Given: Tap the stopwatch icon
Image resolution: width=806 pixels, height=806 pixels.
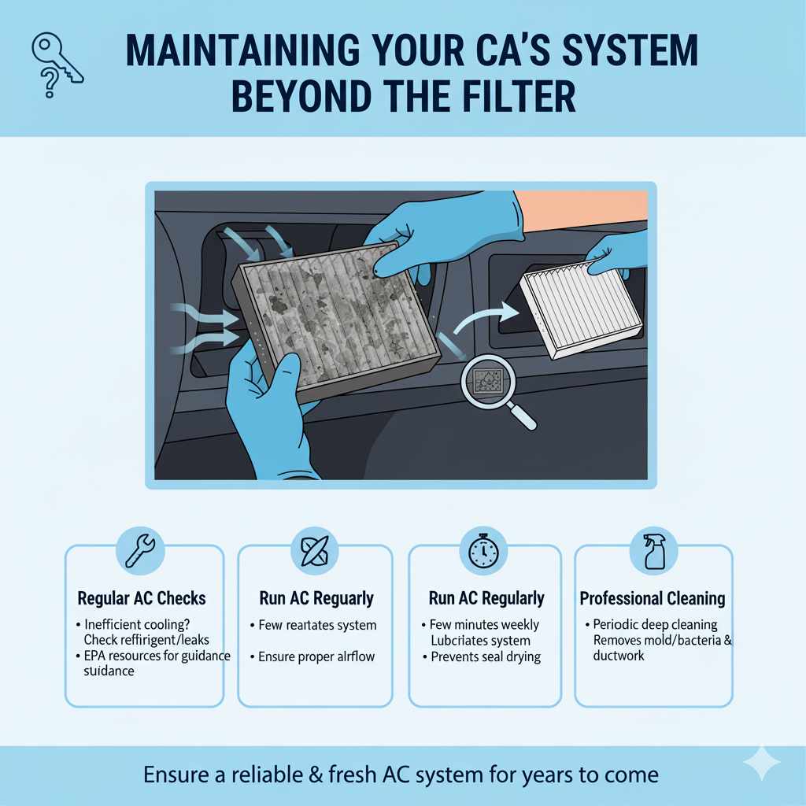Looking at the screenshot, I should pyautogui.click(x=483, y=551).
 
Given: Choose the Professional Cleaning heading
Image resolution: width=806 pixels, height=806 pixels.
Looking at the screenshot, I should pyautogui.click(x=653, y=598).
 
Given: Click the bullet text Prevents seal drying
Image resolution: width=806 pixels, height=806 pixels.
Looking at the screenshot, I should pyautogui.click(x=485, y=657).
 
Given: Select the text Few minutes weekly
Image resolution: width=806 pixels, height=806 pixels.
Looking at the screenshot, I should pyautogui.click(x=486, y=624).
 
